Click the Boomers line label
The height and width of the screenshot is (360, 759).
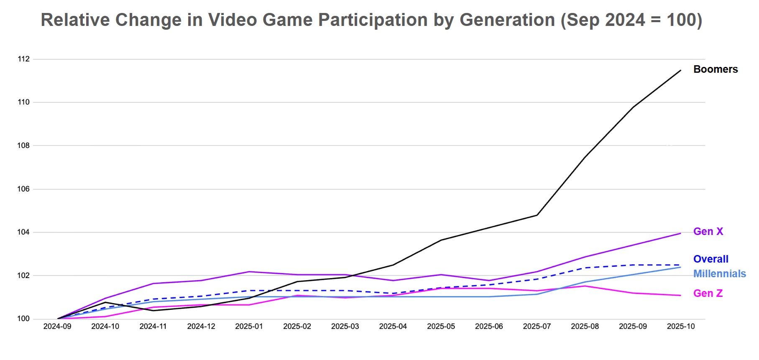tap(715, 69)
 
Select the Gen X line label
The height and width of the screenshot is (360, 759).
tap(708, 232)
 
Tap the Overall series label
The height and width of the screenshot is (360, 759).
tap(710, 259)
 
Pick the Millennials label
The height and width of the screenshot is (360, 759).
tap(719, 274)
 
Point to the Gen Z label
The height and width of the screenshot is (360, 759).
tap(708, 294)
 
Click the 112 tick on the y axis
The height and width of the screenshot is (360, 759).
tap(24, 59)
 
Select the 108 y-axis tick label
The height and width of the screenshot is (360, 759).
tap(24, 146)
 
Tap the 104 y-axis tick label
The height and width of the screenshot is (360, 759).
tap(24, 232)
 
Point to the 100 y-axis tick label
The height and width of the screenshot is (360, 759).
tap(24, 319)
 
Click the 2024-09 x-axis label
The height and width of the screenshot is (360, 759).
tap(57, 327)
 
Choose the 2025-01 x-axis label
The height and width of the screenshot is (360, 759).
tap(249, 327)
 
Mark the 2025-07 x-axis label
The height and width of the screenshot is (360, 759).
tap(537, 327)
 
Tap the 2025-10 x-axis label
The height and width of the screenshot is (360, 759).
tap(680, 327)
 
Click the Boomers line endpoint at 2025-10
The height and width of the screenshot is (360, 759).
tap(681, 70)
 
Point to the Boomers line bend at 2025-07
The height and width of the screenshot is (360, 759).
tap(537, 215)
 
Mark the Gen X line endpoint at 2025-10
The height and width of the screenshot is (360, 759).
tap(681, 233)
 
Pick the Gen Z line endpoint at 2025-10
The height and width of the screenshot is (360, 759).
tap(681, 296)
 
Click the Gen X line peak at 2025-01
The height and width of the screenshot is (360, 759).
tap(249, 272)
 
